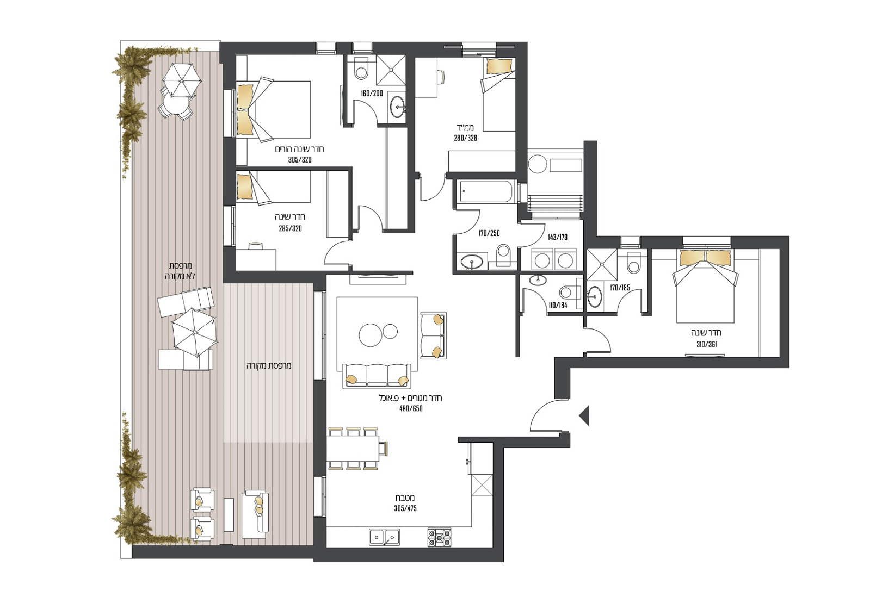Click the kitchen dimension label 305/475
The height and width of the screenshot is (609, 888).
[x=405, y=508]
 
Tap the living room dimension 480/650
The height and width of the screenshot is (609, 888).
[x=411, y=408]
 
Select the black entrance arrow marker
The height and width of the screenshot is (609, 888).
[x=584, y=415]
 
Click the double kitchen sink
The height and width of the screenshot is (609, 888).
[x=385, y=537]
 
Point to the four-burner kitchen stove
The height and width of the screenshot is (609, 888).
[x=439, y=537]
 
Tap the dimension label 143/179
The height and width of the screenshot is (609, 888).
[x=557, y=237]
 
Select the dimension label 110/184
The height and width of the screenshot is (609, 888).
[x=558, y=306]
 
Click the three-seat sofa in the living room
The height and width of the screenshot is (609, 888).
[x=377, y=375]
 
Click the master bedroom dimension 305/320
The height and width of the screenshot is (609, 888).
[x=300, y=160]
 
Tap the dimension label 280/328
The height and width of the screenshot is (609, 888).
[x=465, y=138]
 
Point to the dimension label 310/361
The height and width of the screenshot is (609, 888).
[x=706, y=344]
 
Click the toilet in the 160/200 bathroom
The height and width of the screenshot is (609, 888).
[x=361, y=69]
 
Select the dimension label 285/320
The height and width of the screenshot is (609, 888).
[x=290, y=228]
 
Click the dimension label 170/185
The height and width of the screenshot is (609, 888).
[x=620, y=288]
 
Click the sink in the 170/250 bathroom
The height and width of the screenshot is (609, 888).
[x=472, y=262]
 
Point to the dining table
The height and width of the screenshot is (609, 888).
[x=353, y=448]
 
